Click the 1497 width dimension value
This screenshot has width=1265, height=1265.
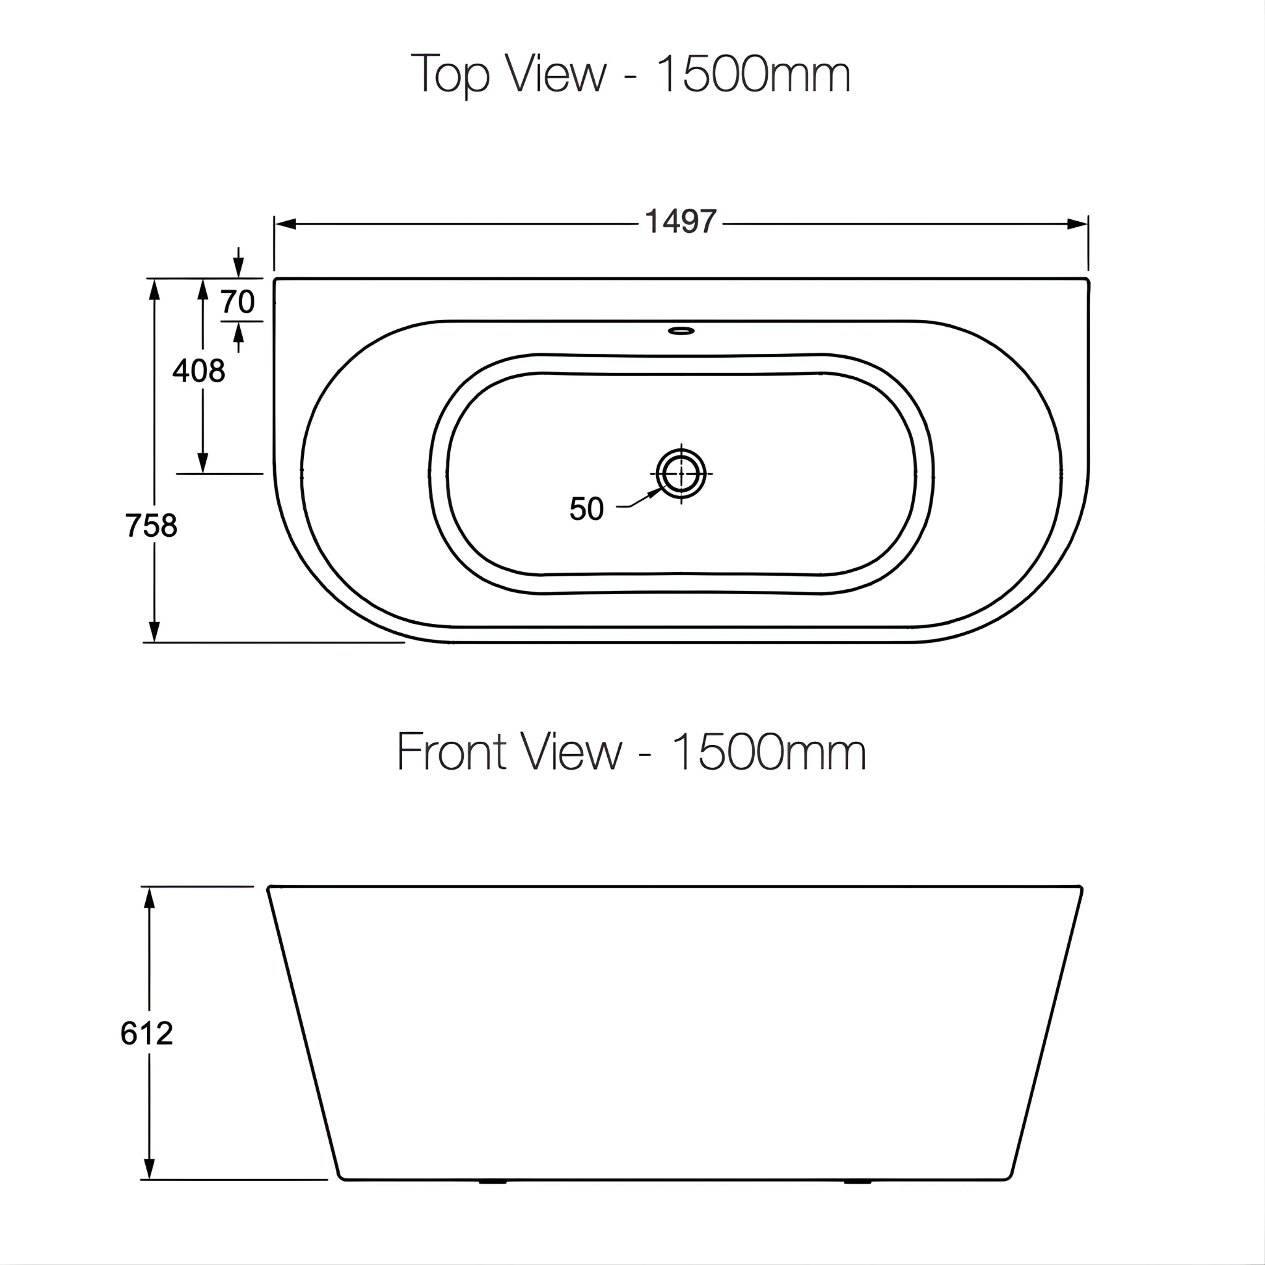pos(680,222)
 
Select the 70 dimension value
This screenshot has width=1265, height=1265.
pos(237,302)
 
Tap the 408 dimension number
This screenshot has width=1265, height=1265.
pos(198,371)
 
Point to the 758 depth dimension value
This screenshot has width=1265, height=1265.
pos(151,526)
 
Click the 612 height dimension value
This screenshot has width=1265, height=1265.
pos(146,1034)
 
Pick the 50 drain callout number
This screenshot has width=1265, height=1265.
pos(586,509)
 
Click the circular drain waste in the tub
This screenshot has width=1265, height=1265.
pos(681,473)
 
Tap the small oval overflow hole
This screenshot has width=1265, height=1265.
pos(681,330)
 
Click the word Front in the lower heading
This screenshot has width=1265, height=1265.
pos(451,752)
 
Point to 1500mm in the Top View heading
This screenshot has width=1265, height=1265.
pos(753,74)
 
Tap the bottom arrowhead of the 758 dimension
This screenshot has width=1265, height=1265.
pos(154,632)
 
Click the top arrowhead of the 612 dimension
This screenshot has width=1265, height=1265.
pos(149,898)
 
